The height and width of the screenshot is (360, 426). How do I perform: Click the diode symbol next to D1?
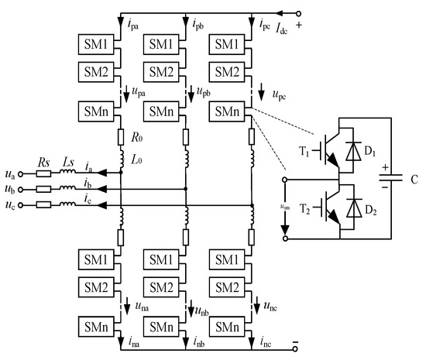point(355,149)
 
